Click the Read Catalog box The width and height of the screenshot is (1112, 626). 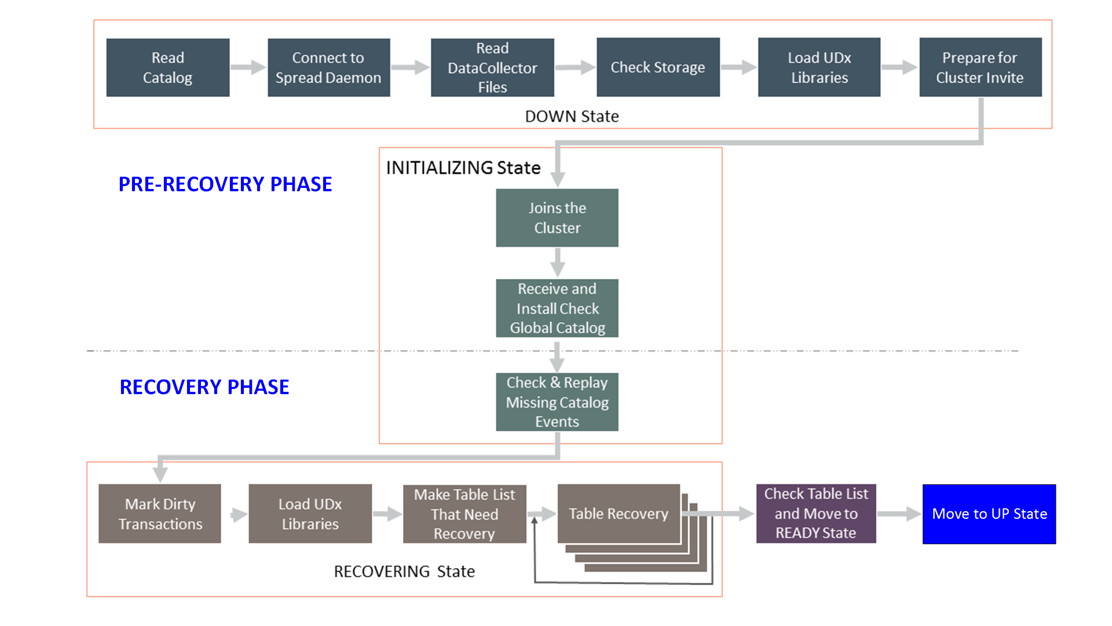[168, 67]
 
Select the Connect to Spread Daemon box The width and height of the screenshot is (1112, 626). [328, 67]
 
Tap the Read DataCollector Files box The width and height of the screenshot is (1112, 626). [492, 67]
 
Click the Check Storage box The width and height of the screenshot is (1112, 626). [658, 67]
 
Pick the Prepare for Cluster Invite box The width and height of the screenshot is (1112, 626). [980, 67]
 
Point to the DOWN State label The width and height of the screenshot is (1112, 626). [572, 117]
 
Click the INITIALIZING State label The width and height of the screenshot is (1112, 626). [463, 168]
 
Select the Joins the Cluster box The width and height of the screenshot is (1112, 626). [557, 218]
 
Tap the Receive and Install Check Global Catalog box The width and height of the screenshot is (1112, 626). [557, 308]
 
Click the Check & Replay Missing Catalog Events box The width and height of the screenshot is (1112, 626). [557, 402]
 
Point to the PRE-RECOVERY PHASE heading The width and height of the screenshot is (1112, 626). [225, 184]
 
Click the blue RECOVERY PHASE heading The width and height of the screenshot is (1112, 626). [204, 387]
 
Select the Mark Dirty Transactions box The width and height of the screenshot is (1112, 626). [160, 514]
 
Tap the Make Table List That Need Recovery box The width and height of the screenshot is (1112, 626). [464, 514]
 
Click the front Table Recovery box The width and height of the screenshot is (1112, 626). [618, 514]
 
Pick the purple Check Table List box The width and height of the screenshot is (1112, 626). [815, 514]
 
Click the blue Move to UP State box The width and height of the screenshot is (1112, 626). [989, 514]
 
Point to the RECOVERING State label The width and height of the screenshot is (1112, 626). [404, 572]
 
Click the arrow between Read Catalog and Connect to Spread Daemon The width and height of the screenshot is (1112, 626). [248, 67]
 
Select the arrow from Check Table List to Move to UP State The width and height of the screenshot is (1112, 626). [899, 514]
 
